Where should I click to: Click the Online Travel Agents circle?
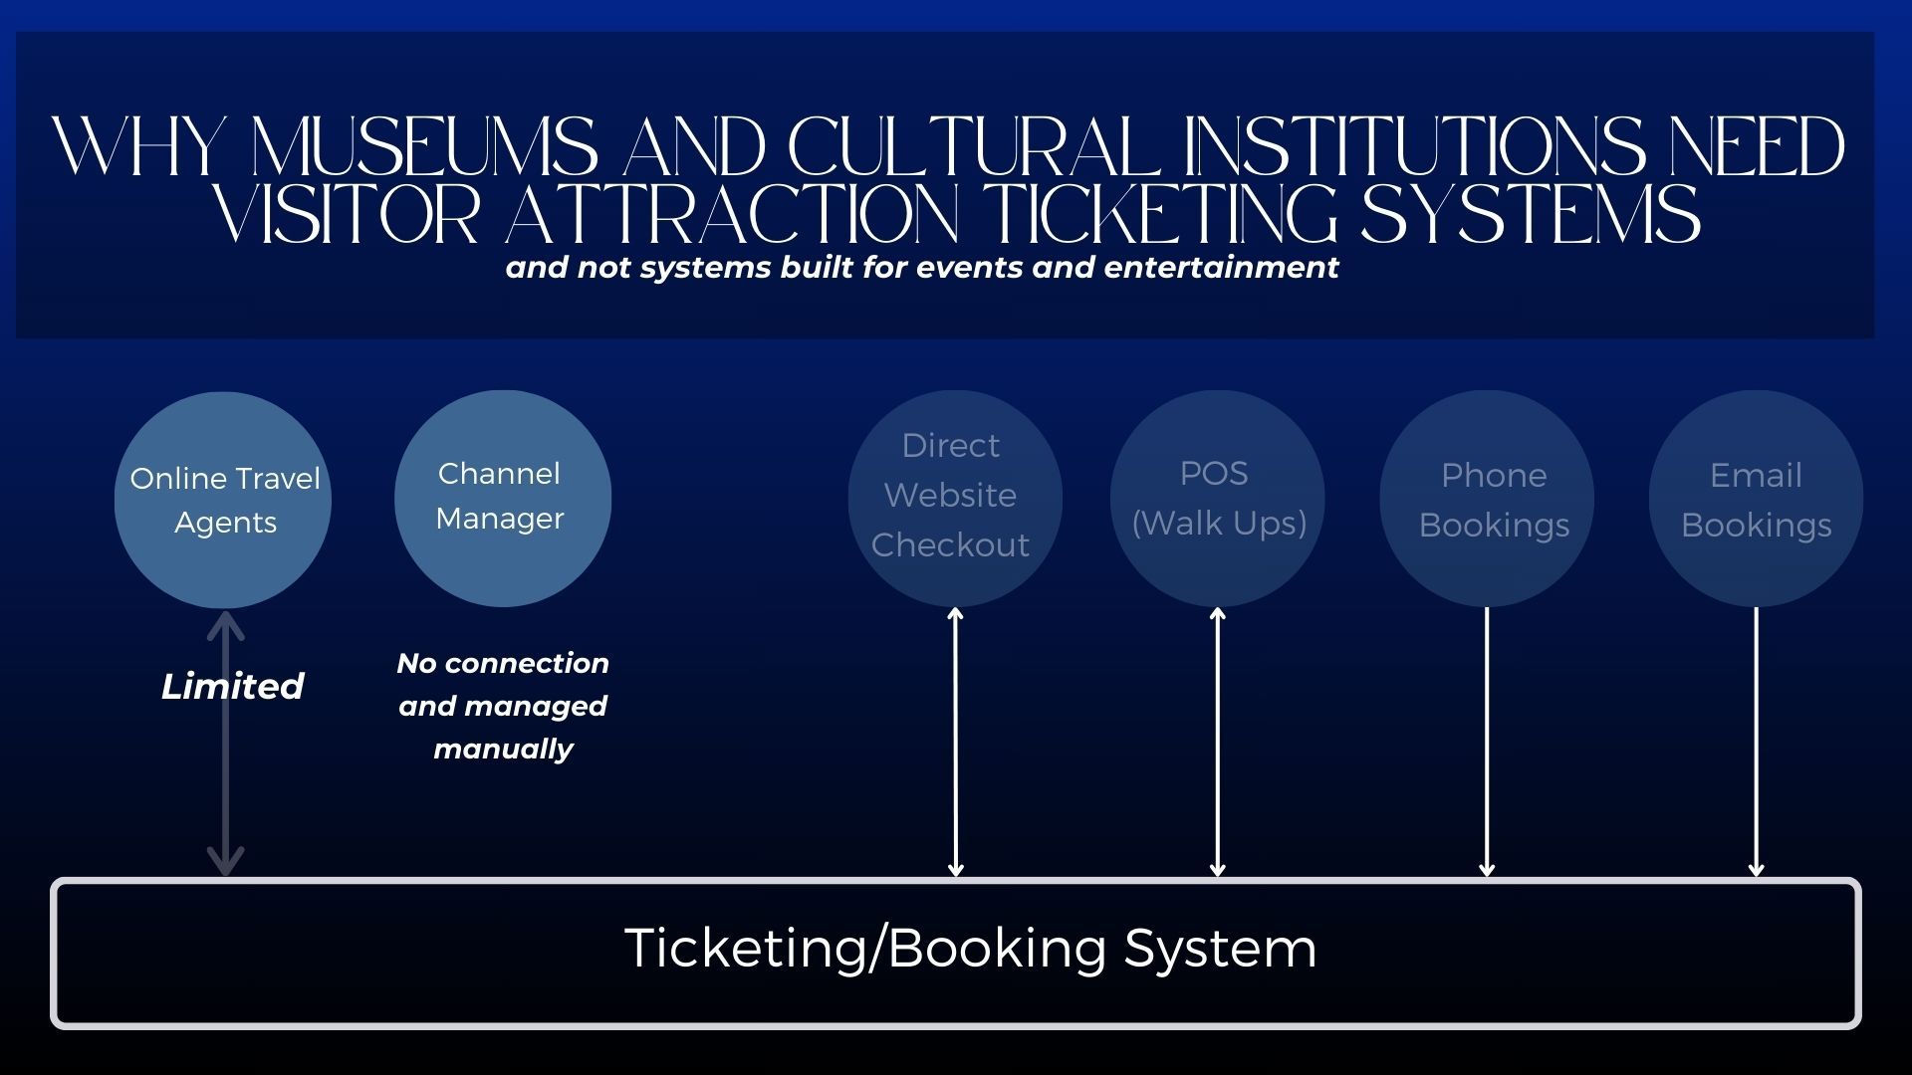pyautogui.click(x=223, y=500)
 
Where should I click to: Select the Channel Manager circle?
pyautogui.click(x=502, y=498)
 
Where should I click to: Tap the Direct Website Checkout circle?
pyautogui.click(x=954, y=498)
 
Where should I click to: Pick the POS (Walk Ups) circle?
pyautogui.click(x=1217, y=498)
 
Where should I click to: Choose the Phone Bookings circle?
pyautogui.click(x=1487, y=498)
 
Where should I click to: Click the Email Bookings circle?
pyautogui.click(x=1756, y=498)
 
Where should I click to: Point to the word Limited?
pyautogui.click(x=232, y=686)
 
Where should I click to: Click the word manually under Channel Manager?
pyautogui.click(x=503, y=749)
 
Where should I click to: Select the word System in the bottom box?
pyautogui.click(x=1220, y=948)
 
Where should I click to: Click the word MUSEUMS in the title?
pyautogui.click(x=425, y=148)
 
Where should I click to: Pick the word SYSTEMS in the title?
pyautogui.click(x=1531, y=215)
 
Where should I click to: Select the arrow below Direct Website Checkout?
pyautogui.click(x=955, y=742)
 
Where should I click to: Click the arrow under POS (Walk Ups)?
pyautogui.click(x=1217, y=742)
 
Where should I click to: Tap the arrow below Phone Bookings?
pyautogui.click(x=1487, y=742)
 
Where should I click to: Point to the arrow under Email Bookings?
pyautogui.click(x=1756, y=742)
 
